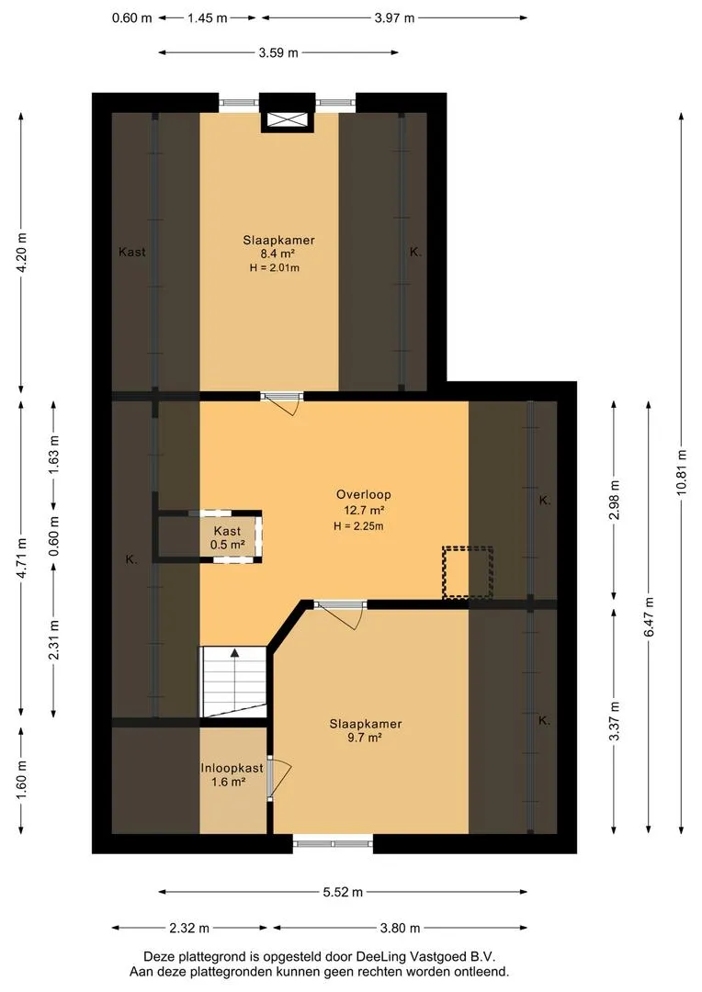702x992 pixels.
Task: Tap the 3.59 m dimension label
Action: coord(278,53)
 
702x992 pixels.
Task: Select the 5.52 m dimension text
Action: coord(343,892)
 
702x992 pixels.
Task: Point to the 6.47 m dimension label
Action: coord(648,617)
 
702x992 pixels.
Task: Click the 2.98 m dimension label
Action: coord(614,500)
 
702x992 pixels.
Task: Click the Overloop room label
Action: coord(363,495)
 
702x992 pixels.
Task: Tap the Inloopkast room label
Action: coord(232,768)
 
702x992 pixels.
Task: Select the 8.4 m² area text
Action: coord(278,254)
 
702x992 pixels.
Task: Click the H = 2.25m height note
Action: coord(359,525)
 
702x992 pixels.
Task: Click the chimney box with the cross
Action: coord(288,120)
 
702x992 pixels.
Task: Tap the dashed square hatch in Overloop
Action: coord(468,572)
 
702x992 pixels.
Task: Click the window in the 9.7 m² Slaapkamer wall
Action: coord(333,843)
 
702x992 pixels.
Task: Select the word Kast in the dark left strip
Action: coord(131,252)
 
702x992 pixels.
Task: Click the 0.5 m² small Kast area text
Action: coord(227,544)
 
